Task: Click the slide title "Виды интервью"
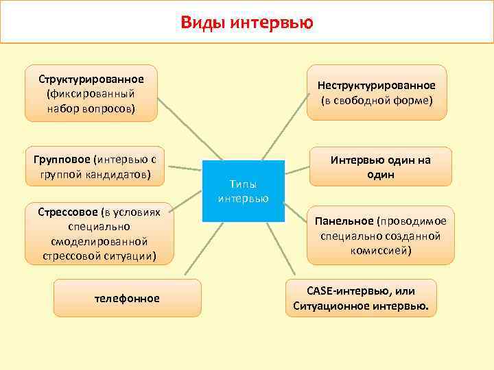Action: click(x=247, y=23)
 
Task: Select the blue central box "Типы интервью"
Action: click(x=244, y=191)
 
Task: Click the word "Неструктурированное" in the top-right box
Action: click(x=376, y=85)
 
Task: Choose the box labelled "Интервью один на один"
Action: click(x=381, y=166)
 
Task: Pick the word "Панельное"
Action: click(x=344, y=221)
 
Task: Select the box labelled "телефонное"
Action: click(x=128, y=298)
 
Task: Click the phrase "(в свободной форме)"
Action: click(x=376, y=101)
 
